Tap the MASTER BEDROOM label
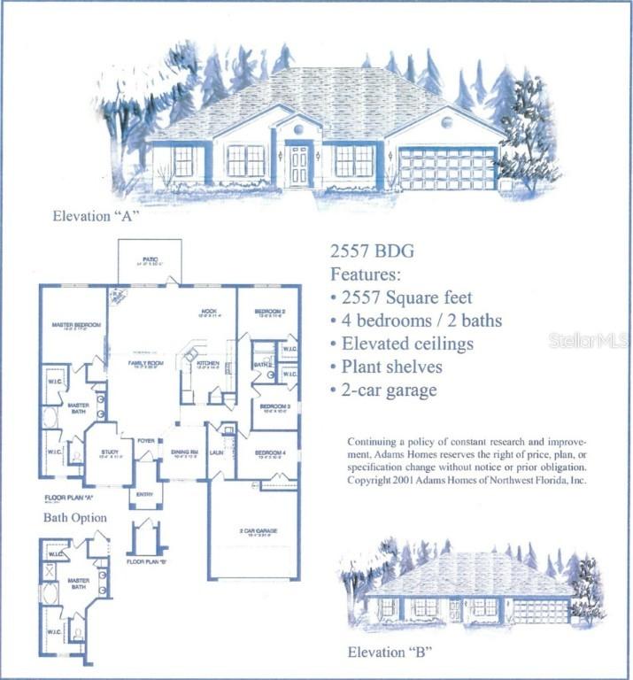(x=75, y=325)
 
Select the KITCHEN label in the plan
(x=207, y=363)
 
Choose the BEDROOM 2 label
(x=269, y=312)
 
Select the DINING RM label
(x=184, y=452)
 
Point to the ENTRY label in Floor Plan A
(x=144, y=495)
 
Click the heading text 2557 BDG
(x=371, y=252)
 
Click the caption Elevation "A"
(x=96, y=215)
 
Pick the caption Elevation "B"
(x=389, y=654)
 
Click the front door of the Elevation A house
(x=298, y=166)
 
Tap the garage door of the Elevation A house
(x=447, y=168)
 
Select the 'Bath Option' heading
(x=75, y=517)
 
